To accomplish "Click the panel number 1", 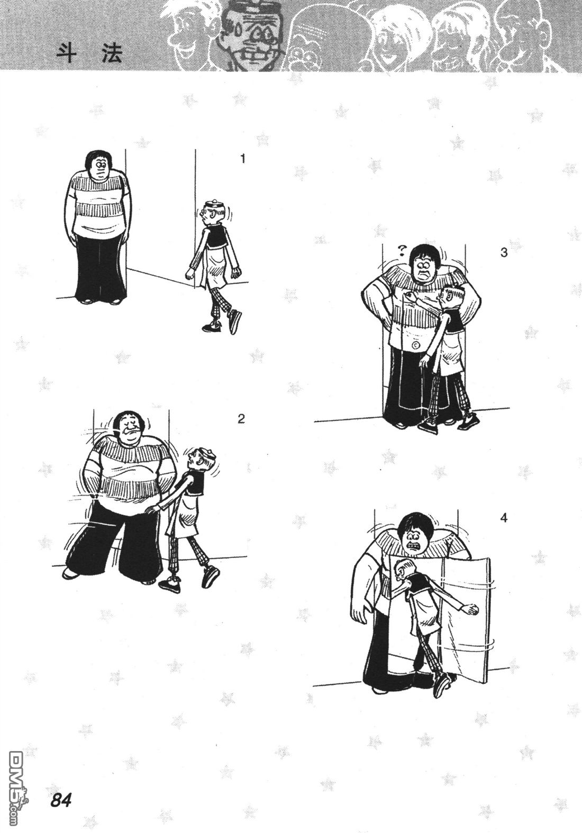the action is coord(243,159).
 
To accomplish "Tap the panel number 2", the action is coord(241,419).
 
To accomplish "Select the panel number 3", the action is coord(504,252).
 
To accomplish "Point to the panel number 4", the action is coord(504,518).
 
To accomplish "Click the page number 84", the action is coord(61,799).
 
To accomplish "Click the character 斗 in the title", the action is coord(66,55).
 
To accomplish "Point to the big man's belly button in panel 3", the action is coord(415,345).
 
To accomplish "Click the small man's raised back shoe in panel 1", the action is coord(234,321).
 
